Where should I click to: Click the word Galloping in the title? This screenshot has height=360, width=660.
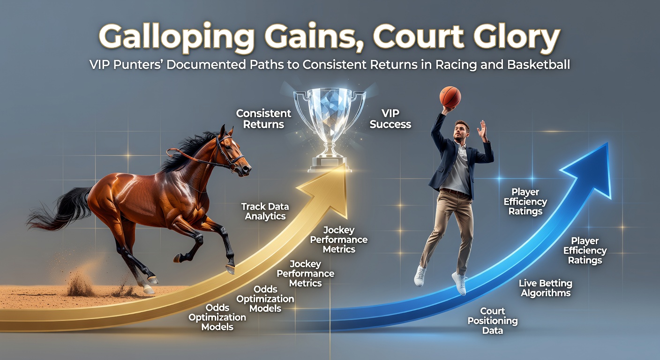click(x=176, y=38)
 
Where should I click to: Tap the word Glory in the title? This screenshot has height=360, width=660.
click(x=517, y=38)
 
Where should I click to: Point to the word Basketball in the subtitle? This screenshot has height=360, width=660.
click(x=538, y=65)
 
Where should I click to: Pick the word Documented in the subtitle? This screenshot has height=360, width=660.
click(x=206, y=65)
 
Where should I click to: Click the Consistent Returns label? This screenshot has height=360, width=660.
click(x=263, y=119)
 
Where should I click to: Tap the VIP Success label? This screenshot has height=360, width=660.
click(x=390, y=119)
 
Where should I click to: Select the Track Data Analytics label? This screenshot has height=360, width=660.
click(x=265, y=211)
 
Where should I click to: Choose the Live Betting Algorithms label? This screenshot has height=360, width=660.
click(x=545, y=288)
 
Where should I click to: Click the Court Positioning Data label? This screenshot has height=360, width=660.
click(x=492, y=321)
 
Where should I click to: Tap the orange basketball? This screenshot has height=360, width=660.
click(x=450, y=97)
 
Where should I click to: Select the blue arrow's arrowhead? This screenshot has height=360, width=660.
click(x=588, y=173)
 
